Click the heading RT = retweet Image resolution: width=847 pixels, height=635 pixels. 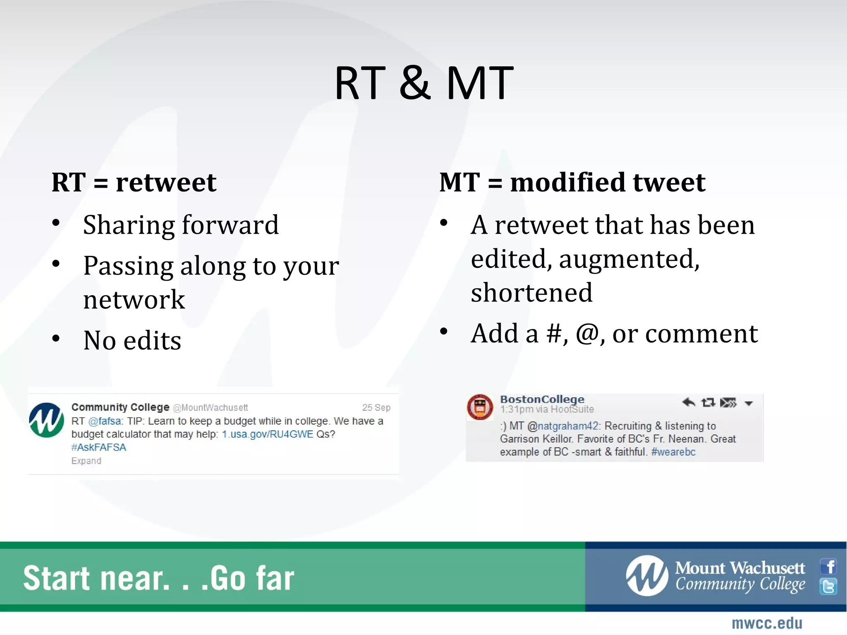click(134, 182)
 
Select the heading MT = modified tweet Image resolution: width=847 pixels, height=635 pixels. click(572, 182)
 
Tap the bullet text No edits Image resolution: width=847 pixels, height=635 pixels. click(132, 341)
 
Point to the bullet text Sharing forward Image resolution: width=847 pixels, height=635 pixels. click(181, 225)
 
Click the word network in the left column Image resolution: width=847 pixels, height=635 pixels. click(134, 300)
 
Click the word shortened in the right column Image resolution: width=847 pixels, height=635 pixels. click(531, 293)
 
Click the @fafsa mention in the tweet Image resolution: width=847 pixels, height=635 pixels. click(105, 421)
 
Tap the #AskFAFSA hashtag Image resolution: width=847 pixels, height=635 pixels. click(98, 447)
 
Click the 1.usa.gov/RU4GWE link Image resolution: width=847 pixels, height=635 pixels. click(268, 434)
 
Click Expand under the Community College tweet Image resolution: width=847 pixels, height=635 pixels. click(86, 461)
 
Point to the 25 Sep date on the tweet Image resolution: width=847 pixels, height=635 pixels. click(376, 408)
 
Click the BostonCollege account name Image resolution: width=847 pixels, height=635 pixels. click(542, 399)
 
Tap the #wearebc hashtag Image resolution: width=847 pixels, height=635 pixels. click(673, 452)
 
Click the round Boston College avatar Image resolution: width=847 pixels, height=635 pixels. click(480, 407)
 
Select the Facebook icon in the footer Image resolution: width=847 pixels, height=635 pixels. click(828, 566)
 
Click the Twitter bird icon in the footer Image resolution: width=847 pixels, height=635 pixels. click(828, 587)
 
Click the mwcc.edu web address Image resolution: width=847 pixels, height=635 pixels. click(767, 623)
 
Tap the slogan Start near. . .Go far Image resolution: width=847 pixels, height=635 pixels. click(158, 578)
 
